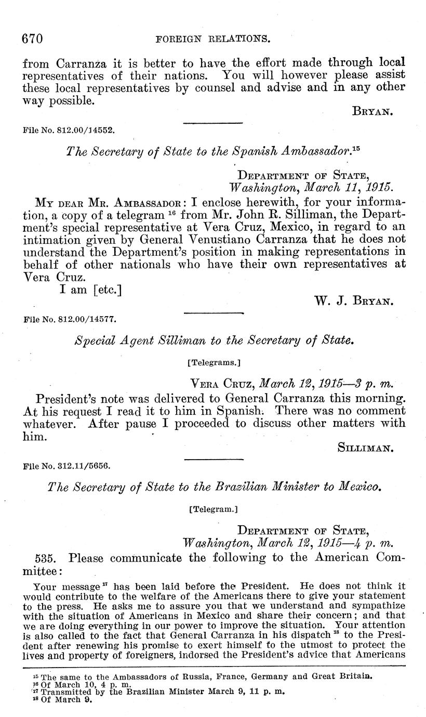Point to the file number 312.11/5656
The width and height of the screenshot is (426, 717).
tap(68, 466)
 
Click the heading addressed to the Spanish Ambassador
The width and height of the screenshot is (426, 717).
tap(214, 151)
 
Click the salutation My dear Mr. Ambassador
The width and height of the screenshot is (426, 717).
tap(107, 202)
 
